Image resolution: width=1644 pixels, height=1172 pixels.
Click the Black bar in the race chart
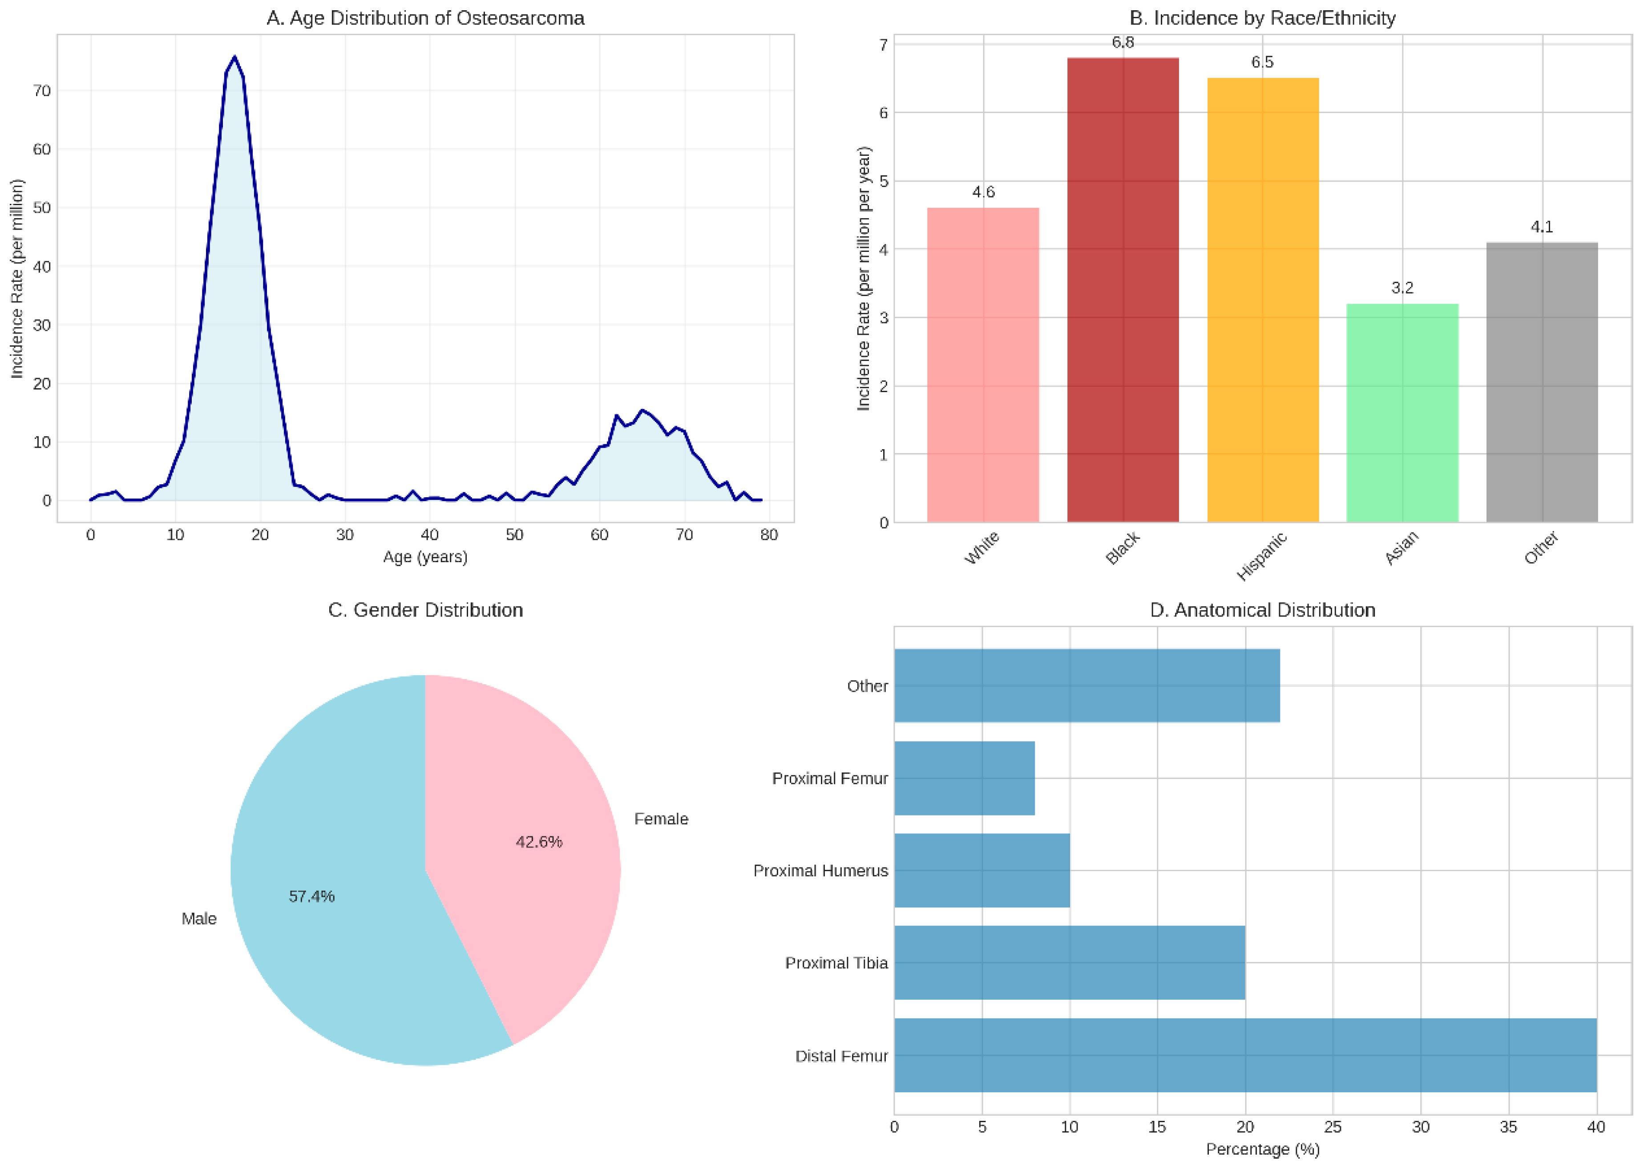coord(1123,289)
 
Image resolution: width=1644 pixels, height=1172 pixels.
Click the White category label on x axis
coord(982,548)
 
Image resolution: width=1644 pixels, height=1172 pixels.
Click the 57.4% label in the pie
coord(311,896)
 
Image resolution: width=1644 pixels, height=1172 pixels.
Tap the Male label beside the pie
coord(199,919)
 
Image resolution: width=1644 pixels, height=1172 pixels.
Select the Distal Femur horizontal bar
coord(1245,1055)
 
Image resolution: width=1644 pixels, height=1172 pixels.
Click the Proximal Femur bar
coord(965,778)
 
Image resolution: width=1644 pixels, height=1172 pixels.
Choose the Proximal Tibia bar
coord(1069,963)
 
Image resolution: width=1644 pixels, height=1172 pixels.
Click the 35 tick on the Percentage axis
coord(1508,1127)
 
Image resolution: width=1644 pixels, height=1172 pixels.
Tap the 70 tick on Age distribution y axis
coord(42,91)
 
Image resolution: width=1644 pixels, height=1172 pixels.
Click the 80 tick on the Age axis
coord(769,535)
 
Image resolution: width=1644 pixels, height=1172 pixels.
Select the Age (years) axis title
coord(425,557)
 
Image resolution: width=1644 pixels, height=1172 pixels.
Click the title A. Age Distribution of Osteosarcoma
coord(425,18)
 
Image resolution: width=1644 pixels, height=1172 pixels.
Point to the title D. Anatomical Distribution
coord(1262,611)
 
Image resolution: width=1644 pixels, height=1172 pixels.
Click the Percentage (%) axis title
coord(1262,1149)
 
